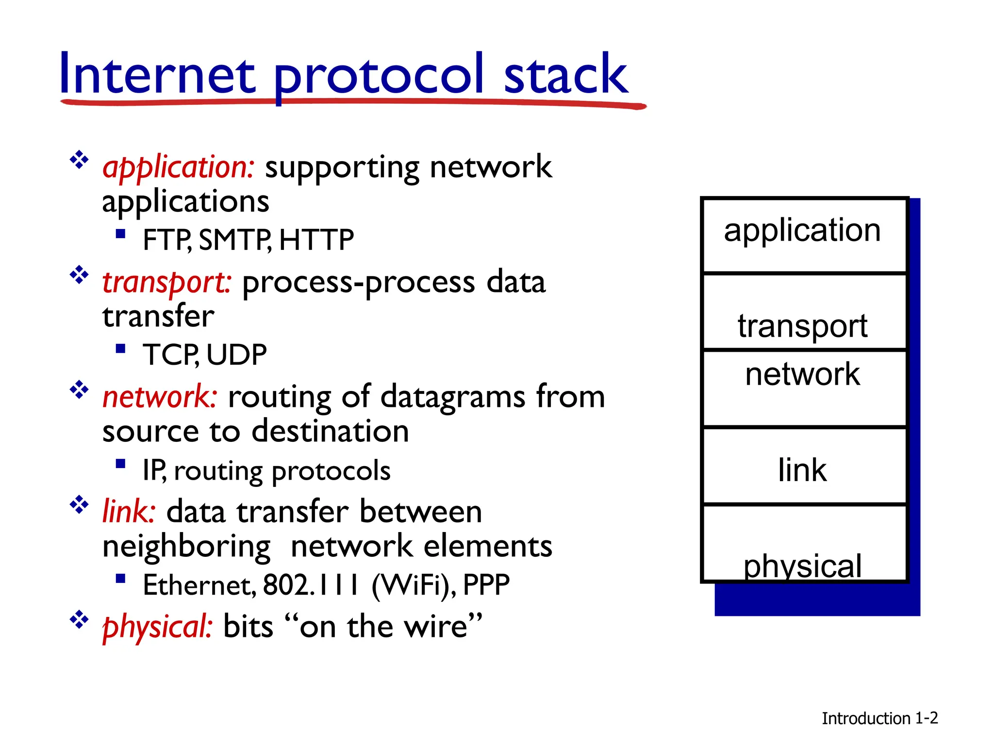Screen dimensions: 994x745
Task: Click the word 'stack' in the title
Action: pyautogui.click(x=565, y=75)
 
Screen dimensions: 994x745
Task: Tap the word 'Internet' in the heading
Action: pyautogui.click(x=157, y=75)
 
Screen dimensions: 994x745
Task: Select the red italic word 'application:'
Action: pyautogui.click(x=178, y=167)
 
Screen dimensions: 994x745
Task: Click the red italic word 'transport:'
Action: pyautogui.click(x=166, y=282)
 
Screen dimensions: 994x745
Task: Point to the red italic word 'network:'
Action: pyautogui.click(x=160, y=397)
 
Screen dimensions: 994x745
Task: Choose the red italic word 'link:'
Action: pyautogui.click(x=129, y=512)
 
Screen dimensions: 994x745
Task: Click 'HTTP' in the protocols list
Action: pyautogui.click(x=316, y=240)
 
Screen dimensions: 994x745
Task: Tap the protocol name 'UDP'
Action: pyautogui.click(x=236, y=355)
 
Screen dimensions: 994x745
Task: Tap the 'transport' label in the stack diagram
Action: pyautogui.click(x=802, y=325)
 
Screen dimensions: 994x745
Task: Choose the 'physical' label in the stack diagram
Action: pyautogui.click(x=802, y=566)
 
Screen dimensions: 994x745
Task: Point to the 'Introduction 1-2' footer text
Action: pyautogui.click(x=879, y=718)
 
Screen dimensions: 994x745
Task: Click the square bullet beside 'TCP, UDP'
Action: pyautogui.click(x=121, y=349)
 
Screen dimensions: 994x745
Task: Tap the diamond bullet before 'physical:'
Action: pyautogui.click(x=79, y=619)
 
